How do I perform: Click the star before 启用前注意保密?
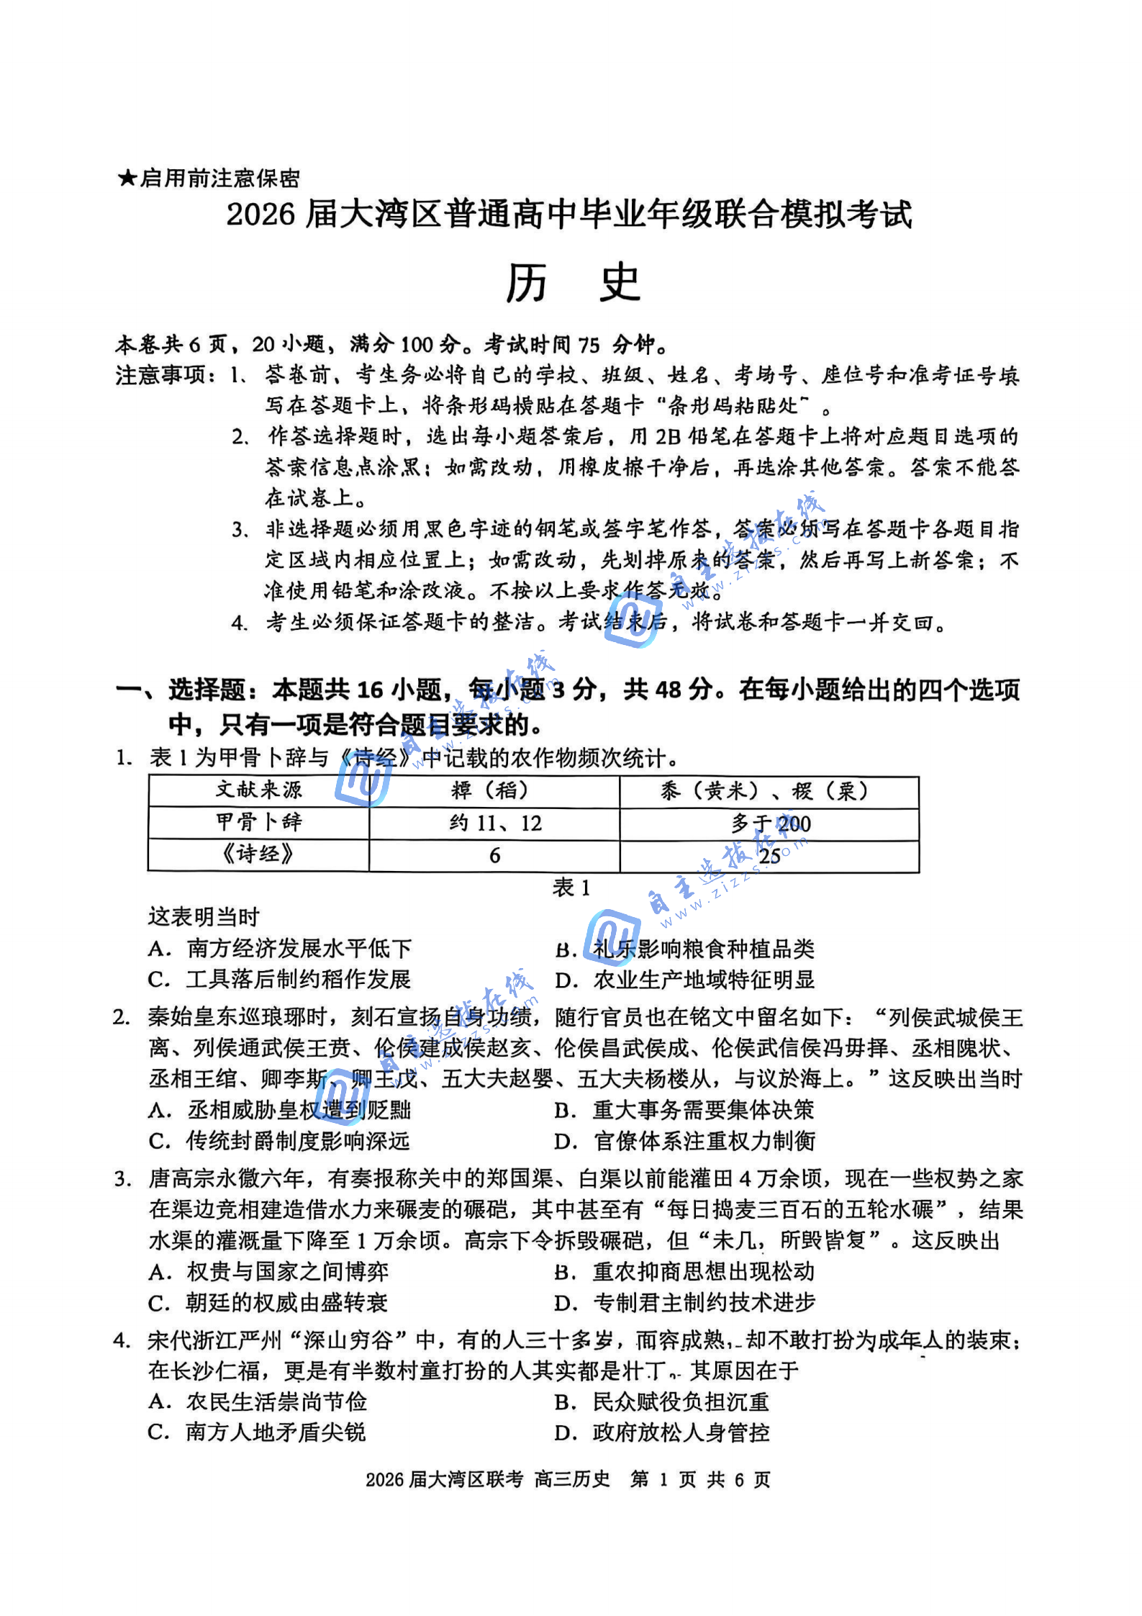pyautogui.click(x=127, y=178)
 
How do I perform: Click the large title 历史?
pyautogui.click(x=573, y=283)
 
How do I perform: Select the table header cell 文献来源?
pyautogui.click(x=259, y=790)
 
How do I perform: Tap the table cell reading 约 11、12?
pyautogui.click(x=495, y=823)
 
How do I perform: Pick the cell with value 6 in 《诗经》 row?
pyautogui.click(x=495, y=855)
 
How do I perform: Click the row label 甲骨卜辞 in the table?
pyautogui.click(x=259, y=822)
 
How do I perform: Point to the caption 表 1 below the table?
pyautogui.click(x=571, y=888)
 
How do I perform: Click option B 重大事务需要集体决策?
pyautogui.click(x=684, y=1110)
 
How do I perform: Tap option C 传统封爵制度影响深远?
pyautogui.click(x=279, y=1141)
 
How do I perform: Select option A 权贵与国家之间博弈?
pyautogui.click(x=268, y=1272)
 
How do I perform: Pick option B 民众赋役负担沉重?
pyautogui.click(x=662, y=1401)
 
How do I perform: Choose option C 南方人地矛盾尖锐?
pyautogui.click(x=257, y=1432)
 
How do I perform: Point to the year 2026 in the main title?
pyautogui.click(x=260, y=215)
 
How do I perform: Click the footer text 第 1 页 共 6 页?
pyautogui.click(x=700, y=1494)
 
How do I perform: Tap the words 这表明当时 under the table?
pyautogui.click(x=204, y=917)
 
